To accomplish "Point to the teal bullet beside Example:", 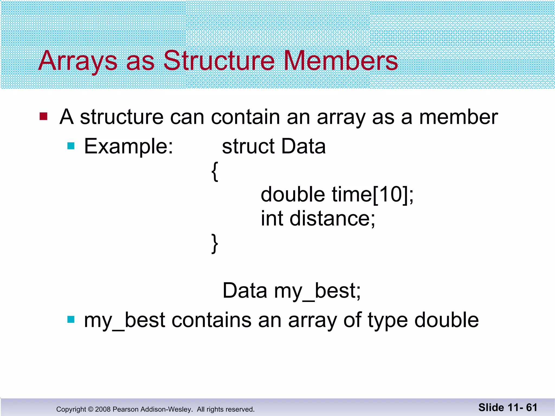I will click(71, 146).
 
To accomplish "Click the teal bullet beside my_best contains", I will click(71, 320).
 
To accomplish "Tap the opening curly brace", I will click(215, 171).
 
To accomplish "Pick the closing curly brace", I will click(215, 243).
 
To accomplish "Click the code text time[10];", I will click(373, 194).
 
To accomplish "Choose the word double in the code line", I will click(293, 194).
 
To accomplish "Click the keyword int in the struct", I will click(272, 218).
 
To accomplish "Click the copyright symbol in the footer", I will click(91, 409).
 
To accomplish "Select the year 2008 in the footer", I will click(103, 409).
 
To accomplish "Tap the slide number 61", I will click(531, 407).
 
